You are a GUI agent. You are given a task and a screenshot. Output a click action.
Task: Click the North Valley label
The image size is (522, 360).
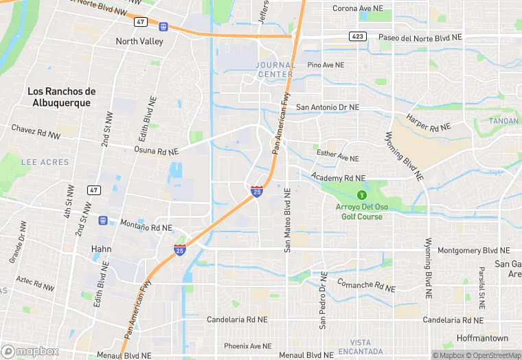coord(139,41)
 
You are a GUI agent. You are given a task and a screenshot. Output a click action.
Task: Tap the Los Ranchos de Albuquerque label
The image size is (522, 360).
coord(61,97)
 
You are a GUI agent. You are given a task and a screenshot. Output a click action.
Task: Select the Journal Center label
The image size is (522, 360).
coord(275,69)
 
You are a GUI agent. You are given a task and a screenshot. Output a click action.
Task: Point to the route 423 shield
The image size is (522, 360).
coord(357,36)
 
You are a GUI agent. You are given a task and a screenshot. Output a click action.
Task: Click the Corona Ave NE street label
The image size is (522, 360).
coord(363,8)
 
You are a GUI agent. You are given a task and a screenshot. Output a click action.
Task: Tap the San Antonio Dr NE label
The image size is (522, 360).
coord(328,108)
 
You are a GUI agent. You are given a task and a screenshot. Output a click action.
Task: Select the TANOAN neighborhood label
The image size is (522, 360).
coord(504,121)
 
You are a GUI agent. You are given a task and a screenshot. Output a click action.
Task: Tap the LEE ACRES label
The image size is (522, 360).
coord(45,162)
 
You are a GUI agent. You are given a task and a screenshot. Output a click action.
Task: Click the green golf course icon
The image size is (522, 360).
coord(363,195)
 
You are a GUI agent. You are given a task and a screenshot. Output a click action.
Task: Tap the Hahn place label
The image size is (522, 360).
coord(102,249)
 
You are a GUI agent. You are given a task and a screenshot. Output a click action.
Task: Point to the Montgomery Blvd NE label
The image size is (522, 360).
coord(474,251)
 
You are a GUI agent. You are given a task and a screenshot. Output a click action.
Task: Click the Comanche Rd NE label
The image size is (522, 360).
coord(366,285)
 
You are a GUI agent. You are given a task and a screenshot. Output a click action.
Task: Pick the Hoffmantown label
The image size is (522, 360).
coord(484,339)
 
